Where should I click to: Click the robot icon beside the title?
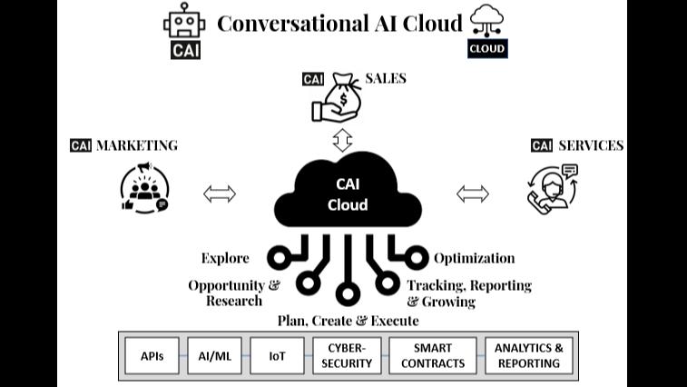[x=185, y=23]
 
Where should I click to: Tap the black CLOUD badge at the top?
[x=487, y=48]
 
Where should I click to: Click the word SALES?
[x=385, y=78]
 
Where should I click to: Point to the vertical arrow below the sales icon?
[x=342, y=140]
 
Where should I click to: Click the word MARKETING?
[x=136, y=145]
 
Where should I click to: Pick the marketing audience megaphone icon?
[x=144, y=187]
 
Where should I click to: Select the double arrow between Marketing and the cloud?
[x=220, y=193]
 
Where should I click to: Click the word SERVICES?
[x=590, y=145]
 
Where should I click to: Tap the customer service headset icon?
[x=552, y=188]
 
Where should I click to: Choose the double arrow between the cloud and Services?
[x=472, y=193]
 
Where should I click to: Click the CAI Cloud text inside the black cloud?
[x=347, y=193]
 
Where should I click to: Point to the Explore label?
[x=225, y=258]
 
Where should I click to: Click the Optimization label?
[x=474, y=258]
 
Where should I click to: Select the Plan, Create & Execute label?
[x=348, y=321]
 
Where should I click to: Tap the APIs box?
[x=152, y=356]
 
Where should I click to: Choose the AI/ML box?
[x=215, y=356]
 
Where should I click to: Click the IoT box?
[x=277, y=356]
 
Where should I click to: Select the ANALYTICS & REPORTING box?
[x=528, y=356]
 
